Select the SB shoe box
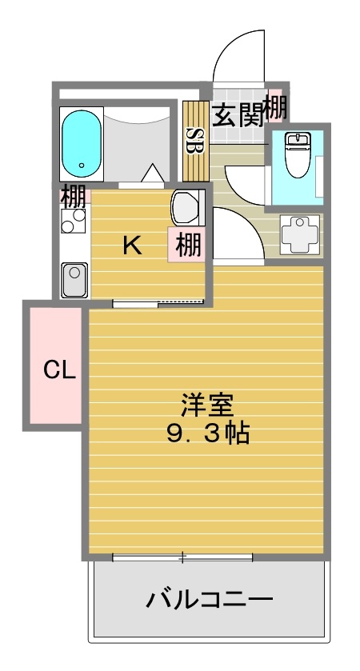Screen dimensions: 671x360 [x=193, y=141]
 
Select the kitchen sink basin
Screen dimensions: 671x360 [x=75, y=279]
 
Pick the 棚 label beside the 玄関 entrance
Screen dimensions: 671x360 [x=276, y=106]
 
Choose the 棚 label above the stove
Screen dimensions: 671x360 [x=73, y=194]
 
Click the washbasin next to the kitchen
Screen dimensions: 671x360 [x=187, y=208]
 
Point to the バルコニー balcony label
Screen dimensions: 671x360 [x=210, y=598]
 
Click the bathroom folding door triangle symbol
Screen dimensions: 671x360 [x=152, y=173]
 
